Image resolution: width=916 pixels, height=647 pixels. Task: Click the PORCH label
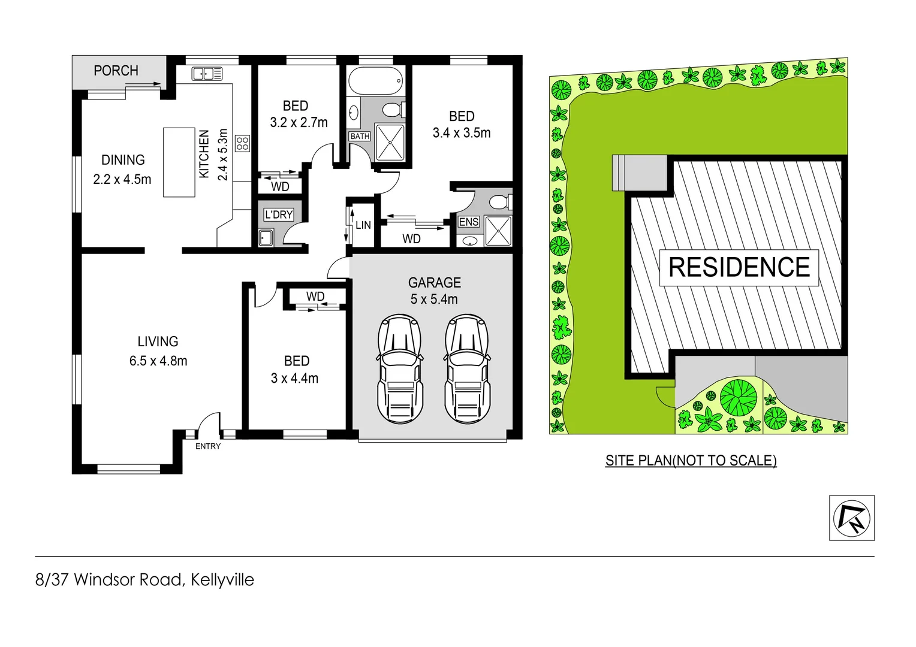click(116, 71)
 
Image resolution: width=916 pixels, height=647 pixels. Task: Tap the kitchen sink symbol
click(207, 74)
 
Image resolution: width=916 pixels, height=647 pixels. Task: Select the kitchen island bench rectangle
click(179, 162)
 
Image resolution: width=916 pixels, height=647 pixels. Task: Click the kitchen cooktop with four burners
click(242, 143)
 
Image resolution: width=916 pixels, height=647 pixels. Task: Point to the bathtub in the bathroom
click(375, 81)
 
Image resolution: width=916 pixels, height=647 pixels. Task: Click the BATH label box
click(360, 137)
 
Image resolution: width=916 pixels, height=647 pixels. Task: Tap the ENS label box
click(468, 222)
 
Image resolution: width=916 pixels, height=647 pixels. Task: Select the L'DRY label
click(279, 214)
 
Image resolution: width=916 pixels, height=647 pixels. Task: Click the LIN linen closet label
click(363, 225)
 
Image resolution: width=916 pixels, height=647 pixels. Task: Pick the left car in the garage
click(400, 369)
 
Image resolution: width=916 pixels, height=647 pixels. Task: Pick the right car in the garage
click(467, 369)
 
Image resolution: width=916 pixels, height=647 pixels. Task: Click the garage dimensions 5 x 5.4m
click(434, 300)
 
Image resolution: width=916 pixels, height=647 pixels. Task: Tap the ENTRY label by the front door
click(208, 446)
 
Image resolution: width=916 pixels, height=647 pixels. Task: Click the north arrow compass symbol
click(851, 518)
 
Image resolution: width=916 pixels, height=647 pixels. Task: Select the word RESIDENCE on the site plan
click(739, 267)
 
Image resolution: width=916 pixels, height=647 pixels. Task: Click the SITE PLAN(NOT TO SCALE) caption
click(691, 460)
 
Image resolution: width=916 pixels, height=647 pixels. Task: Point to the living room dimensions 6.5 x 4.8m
click(158, 361)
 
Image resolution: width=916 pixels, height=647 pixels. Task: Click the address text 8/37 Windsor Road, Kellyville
click(144, 580)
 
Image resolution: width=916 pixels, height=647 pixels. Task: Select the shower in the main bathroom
click(389, 143)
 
